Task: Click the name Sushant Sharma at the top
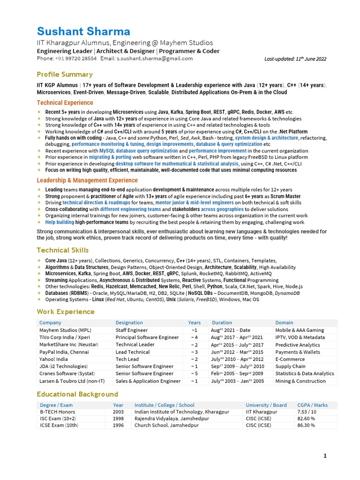pos(83,32)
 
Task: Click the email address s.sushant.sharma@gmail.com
pos(154,59)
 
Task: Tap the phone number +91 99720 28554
pos(75,59)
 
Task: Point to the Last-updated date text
pos(295,59)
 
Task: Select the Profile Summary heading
pos(65,75)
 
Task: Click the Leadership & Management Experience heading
pos(87,180)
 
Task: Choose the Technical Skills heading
pos(63,250)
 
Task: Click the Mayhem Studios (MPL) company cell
pos(65,330)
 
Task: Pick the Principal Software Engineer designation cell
pos(147,337)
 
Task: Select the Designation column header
pos(129,322)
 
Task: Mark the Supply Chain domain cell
pos(290,367)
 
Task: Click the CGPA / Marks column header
pos(313,405)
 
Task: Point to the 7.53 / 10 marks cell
pos(307,412)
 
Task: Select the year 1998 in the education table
pos(118,419)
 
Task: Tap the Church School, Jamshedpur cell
pos(166,426)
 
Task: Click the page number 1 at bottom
pos(324,456)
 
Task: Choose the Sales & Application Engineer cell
pos(148,381)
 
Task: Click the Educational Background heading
pos(77,394)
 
